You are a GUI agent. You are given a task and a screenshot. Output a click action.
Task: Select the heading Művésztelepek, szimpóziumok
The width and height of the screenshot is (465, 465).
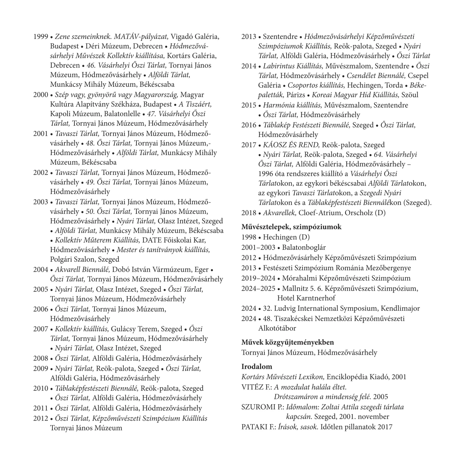[x=291, y=227]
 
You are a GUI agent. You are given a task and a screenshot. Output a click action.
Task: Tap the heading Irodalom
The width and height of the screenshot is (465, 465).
[x=257, y=367]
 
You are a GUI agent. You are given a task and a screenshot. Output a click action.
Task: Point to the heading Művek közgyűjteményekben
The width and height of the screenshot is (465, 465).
[x=288, y=342]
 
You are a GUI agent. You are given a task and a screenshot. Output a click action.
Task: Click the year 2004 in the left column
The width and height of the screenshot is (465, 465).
[x=40, y=269]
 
